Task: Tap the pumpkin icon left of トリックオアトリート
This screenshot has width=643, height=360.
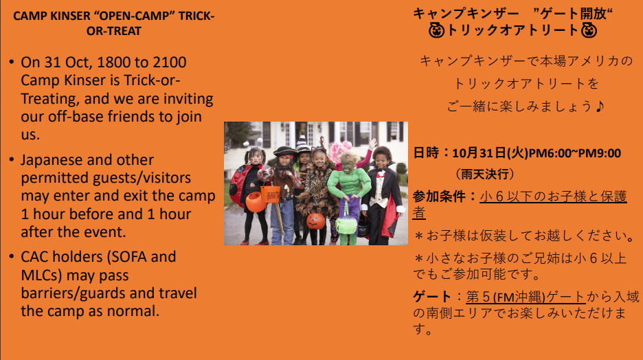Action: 436,30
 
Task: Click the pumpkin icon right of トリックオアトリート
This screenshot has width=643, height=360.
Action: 589,30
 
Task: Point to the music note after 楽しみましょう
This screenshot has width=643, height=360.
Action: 600,106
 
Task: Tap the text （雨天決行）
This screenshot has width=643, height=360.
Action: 484,175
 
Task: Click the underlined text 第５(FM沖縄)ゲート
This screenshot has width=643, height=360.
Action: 526,296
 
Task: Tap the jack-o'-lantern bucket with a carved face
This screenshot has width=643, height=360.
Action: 316,221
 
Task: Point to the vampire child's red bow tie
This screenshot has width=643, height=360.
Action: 381,175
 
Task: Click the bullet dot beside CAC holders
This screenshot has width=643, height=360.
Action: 12,257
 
